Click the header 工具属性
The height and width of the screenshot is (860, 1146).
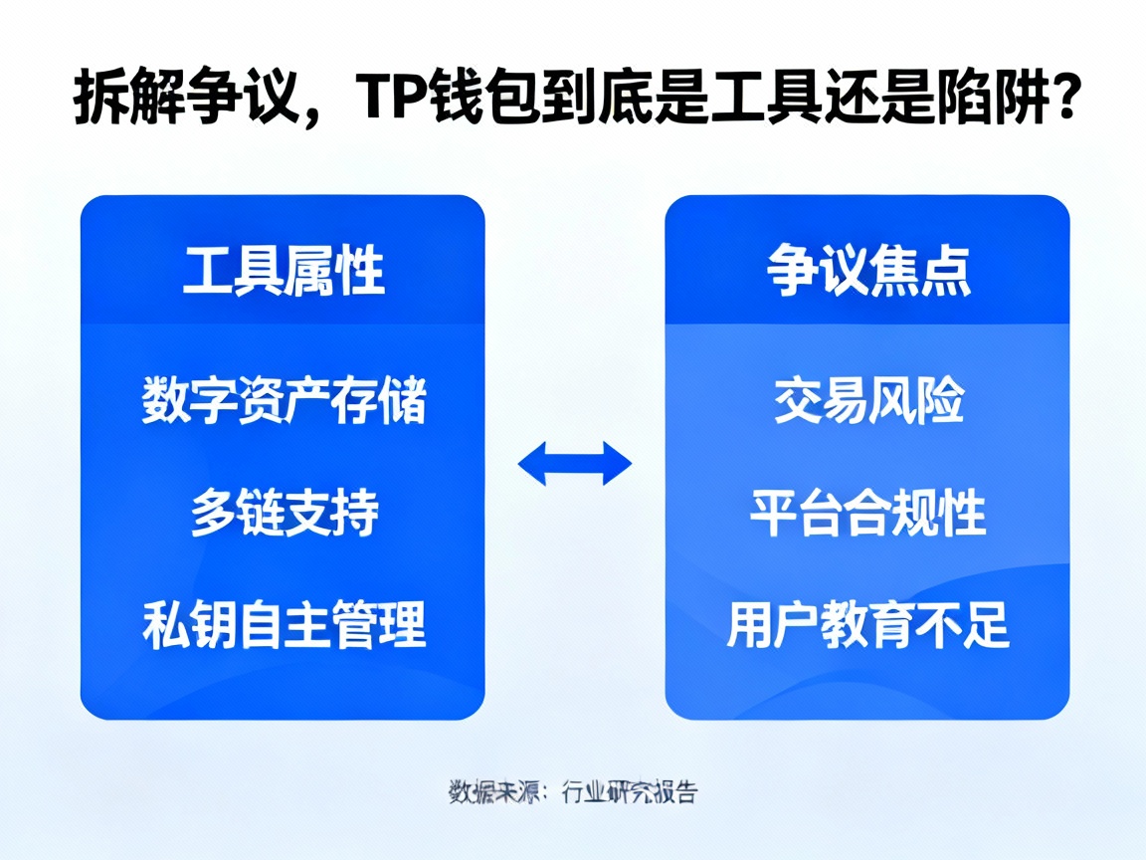[x=284, y=270]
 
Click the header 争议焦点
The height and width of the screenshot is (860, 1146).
[x=867, y=270]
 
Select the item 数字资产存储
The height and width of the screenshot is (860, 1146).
[x=284, y=402]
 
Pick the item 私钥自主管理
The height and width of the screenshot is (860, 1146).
[x=284, y=625]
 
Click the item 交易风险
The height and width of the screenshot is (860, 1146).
[x=867, y=402]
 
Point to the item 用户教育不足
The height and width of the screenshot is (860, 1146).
[x=867, y=625]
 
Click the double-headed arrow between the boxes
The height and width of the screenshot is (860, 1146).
[x=575, y=463]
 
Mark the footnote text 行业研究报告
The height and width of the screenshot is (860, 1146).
[x=629, y=792]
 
